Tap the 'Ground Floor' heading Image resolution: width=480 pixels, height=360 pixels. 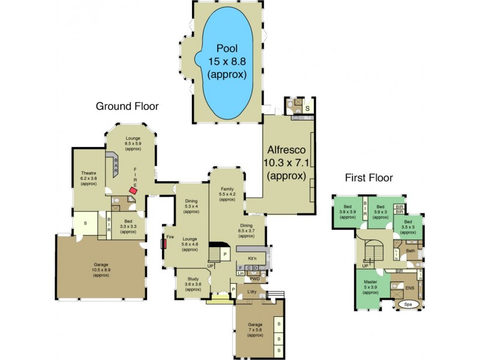click(127, 106)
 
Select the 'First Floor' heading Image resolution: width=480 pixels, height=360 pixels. click(368, 178)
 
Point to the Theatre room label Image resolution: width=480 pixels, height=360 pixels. click(88, 179)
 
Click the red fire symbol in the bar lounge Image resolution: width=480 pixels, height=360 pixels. click(133, 191)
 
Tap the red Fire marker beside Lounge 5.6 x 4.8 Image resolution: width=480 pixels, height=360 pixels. click(163, 244)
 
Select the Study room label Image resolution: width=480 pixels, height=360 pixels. click(193, 284)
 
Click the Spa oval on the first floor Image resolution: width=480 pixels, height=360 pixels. click(407, 304)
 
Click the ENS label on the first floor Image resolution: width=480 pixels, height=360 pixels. click(410, 289)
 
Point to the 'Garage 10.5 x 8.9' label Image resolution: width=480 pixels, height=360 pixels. click(101, 269)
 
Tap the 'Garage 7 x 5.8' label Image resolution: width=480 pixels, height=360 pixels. click(255, 329)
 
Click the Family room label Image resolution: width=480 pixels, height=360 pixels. click(227, 193)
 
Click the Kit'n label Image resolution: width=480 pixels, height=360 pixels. click(253, 258)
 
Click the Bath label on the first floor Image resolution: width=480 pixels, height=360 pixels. click(410, 251)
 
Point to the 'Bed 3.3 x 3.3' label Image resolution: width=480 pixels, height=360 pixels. click(128, 226)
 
